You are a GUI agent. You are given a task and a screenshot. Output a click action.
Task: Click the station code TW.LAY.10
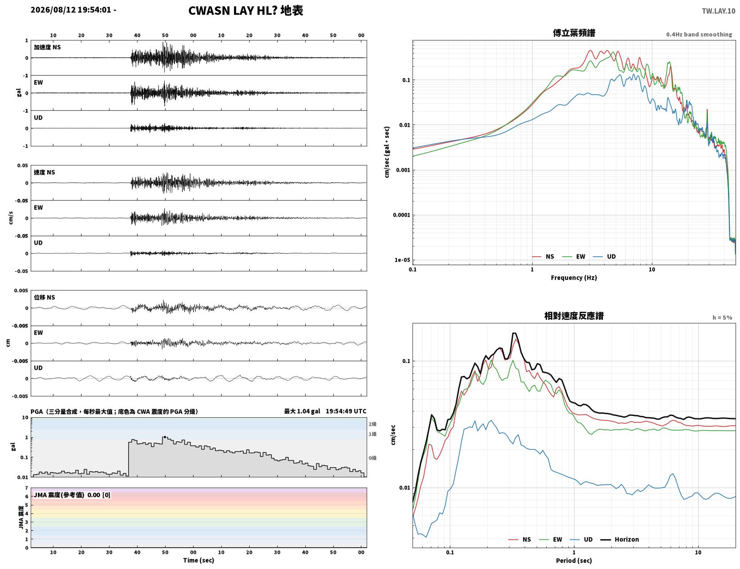pos(718,11)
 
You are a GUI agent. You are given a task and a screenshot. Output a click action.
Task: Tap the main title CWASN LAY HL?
pos(233,11)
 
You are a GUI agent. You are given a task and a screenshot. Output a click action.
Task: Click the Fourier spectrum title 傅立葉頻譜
pos(574,33)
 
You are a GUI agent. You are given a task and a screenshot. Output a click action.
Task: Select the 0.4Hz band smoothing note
pos(699,34)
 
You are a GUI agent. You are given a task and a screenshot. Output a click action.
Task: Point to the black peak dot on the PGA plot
pos(165,437)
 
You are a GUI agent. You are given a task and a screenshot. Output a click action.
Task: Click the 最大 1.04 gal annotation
pos(302,411)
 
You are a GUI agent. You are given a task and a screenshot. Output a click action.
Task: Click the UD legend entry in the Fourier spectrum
pos(604,257)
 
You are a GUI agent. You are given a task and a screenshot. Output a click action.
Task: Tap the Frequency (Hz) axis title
pos(574,278)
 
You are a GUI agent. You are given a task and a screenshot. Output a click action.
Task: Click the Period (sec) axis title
pos(574,561)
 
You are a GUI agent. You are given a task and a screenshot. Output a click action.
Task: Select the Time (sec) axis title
pos(198,560)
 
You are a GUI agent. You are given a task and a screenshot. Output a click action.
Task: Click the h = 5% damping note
pos(722,318)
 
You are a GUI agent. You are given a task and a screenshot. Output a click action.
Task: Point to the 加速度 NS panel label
pos(47,47)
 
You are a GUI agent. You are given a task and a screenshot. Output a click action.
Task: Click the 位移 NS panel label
pos(44,298)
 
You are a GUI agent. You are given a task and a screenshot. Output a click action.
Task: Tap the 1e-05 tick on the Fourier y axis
pos(402,260)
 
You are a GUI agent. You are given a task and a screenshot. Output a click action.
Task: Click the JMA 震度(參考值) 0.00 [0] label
pos(72,495)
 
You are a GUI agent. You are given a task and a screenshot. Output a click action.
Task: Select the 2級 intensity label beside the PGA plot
pos(372,424)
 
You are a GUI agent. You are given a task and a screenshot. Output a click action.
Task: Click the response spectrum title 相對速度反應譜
pos(574,316)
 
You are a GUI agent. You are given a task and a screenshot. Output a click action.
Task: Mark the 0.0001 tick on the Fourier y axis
pos(401,215)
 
